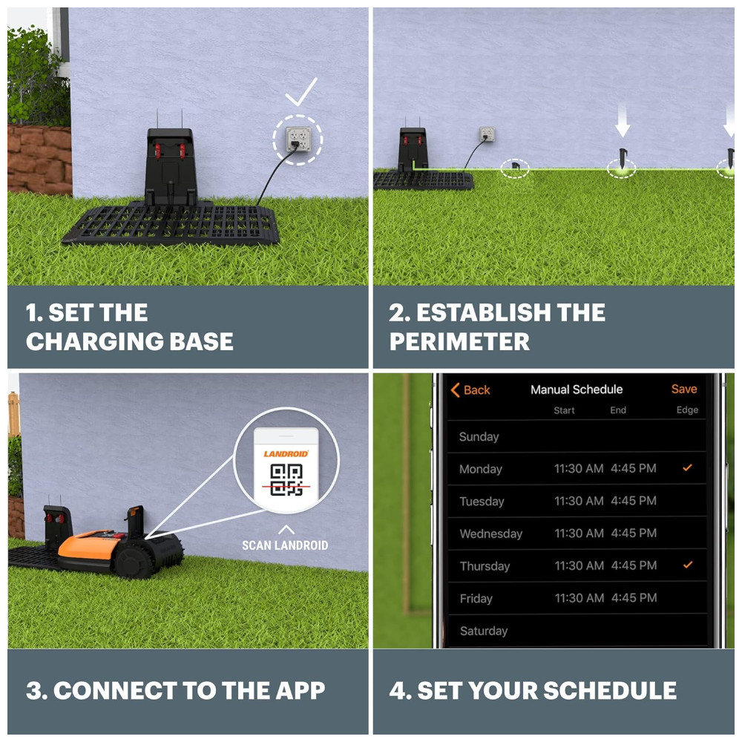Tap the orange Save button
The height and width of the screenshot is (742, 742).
684,389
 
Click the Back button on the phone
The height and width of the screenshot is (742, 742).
470,390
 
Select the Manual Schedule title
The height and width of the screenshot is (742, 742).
577,390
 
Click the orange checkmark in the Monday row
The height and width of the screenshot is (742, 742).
688,467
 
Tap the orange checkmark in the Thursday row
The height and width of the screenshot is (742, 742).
688,565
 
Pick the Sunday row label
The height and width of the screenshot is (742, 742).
479,437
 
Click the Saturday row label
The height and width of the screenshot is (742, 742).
484,631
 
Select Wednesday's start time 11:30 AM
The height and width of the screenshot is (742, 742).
579,533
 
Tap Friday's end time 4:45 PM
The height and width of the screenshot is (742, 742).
634,597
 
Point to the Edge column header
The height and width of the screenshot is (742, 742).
687,410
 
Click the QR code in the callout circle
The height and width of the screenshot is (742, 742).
286,480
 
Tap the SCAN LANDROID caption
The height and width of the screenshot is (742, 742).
285,545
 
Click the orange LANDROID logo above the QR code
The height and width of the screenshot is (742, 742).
286,454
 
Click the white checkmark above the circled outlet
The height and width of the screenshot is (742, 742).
301,92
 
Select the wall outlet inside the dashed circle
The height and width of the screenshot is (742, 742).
298,139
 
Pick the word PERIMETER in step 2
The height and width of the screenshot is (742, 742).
459,341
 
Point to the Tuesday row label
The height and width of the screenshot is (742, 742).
482,501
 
